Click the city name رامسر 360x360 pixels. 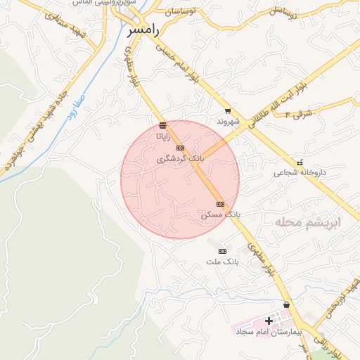click(x=145, y=31)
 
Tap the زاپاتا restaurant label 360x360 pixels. click(x=162, y=136)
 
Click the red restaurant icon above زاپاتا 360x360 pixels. click(x=162, y=125)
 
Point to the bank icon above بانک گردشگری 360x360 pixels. click(x=181, y=148)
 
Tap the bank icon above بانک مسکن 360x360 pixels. click(x=220, y=203)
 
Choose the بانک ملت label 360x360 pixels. click(x=223, y=262)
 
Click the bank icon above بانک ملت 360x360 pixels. click(x=223, y=251)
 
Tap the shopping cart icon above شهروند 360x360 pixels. click(x=228, y=110)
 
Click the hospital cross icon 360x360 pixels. click(x=268, y=321)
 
